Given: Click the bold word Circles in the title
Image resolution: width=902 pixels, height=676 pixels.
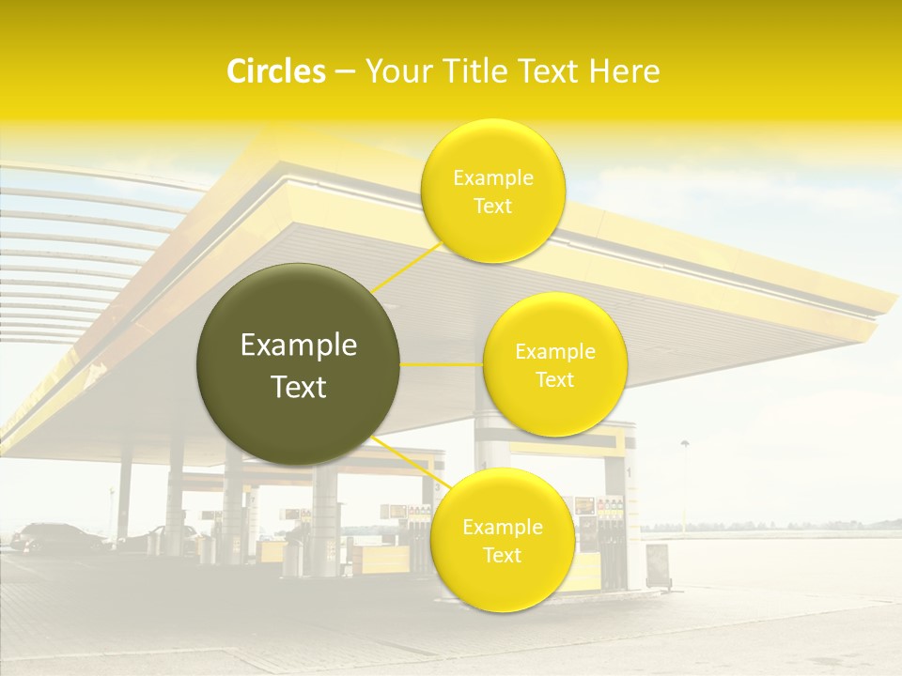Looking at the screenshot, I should pos(275,71).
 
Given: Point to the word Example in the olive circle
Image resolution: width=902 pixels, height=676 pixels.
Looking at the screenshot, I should pos(299,346).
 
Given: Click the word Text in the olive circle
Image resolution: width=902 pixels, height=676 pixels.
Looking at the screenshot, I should pos(299,387).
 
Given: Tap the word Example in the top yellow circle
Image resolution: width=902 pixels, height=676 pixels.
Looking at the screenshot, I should pos(493,177).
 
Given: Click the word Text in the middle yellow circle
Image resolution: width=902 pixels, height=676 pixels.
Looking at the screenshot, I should pos(554,380).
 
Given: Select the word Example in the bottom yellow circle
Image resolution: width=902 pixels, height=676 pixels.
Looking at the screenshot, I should pos(502,528).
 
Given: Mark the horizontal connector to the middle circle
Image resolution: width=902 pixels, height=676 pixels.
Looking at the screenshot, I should pos(442,363).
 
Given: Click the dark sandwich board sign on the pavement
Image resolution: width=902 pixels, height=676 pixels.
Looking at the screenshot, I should pos(658,565).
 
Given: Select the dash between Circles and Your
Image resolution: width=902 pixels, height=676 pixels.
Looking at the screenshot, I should pos(345,72).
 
